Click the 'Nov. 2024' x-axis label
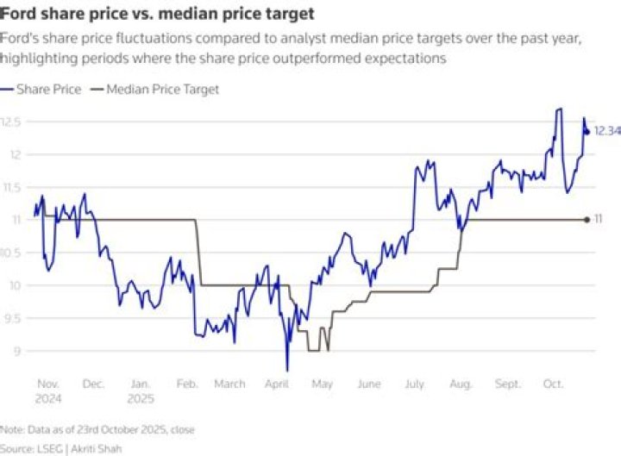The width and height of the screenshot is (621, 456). pos(48,390)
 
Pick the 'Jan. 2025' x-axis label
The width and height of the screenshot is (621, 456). pos(141,390)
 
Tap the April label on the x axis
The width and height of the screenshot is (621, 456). pos(277,384)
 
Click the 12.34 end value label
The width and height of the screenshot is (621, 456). pos(607,131)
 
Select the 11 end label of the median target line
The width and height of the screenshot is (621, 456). pos(598,220)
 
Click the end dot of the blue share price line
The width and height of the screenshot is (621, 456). pos(586,131)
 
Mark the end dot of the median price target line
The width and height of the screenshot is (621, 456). pos(586,220)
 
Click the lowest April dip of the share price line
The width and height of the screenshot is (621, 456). pos(287,370)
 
